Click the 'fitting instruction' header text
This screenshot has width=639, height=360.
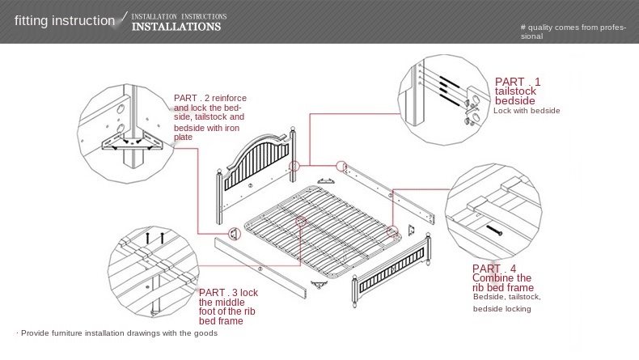pyautogui.click(x=65, y=20)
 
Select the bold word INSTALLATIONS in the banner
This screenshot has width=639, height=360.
pyautogui.click(x=176, y=27)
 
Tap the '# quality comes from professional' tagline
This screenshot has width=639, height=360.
pyautogui.click(x=573, y=32)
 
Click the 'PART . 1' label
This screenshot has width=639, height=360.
pyautogui.click(x=518, y=82)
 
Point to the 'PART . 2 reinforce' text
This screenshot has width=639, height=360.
pyautogui.click(x=209, y=98)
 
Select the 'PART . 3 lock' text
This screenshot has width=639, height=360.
pyautogui.click(x=228, y=292)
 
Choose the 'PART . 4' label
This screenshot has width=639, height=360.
pyautogui.click(x=494, y=269)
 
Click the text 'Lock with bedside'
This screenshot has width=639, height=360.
pyautogui.click(x=527, y=111)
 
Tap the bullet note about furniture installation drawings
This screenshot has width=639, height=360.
pyautogui.click(x=117, y=333)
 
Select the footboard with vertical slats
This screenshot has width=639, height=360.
pyautogui.click(x=391, y=269)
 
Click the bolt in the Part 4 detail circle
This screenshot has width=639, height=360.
pyautogui.click(x=494, y=231)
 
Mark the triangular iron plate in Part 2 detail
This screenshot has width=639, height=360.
pyautogui.click(x=131, y=142)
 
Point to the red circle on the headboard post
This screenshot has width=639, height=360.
pyautogui.click(x=294, y=166)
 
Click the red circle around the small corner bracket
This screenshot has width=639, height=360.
pyautogui.click(x=235, y=234)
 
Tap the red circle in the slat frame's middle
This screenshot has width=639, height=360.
pyautogui.click(x=301, y=222)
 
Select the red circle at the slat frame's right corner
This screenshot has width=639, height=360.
pyautogui.click(x=392, y=231)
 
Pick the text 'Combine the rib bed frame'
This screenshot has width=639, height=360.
pyautogui.click(x=503, y=282)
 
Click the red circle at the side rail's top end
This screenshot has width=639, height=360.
pyautogui.click(x=341, y=166)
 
